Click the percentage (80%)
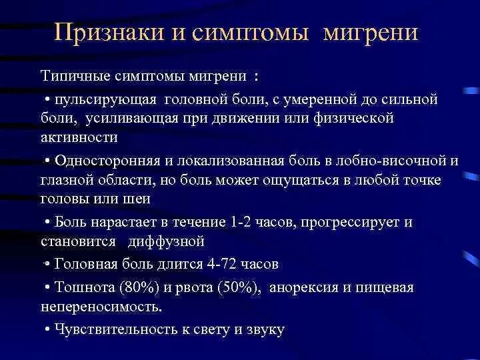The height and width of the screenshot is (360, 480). (x=137, y=287)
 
